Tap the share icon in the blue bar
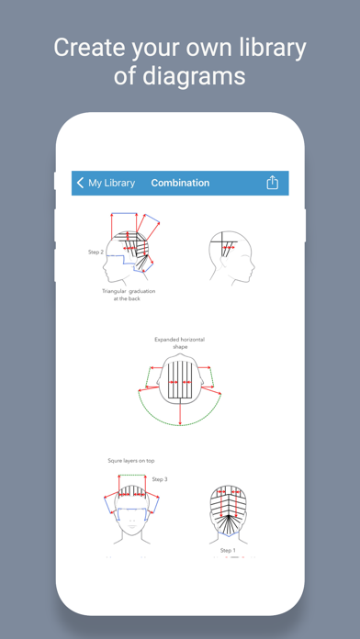(x=273, y=183)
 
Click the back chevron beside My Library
(x=80, y=183)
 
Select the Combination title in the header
(x=180, y=183)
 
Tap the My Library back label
(x=111, y=183)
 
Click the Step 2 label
(x=96, y=252)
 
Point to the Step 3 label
(x=160, y=479)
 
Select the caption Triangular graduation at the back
(x=129, y=295)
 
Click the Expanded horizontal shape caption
(x=179, y=342)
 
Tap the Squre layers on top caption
(x=131, y=461)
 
